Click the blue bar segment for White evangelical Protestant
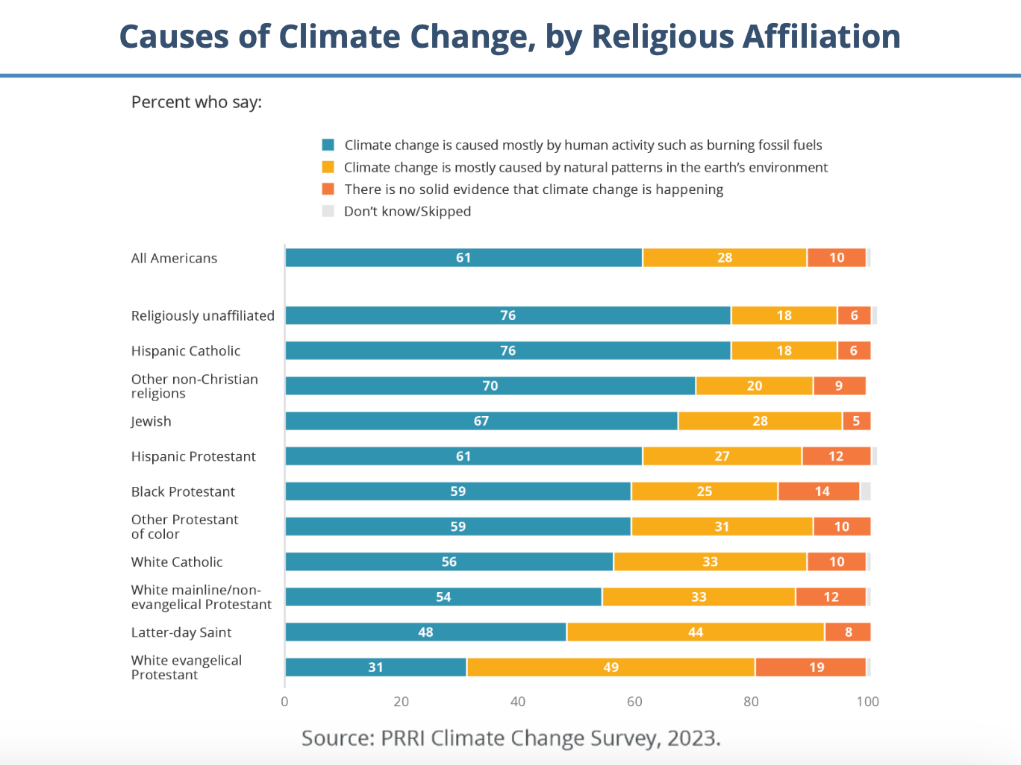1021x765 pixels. tap(375, 667)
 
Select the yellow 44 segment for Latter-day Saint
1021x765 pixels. tap(695, 632)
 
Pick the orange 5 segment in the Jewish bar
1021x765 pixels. tap(856, 421)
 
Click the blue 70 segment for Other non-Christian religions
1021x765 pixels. tap(490, 385)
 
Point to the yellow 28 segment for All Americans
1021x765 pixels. tap(724, 258)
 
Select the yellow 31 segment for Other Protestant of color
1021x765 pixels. tap(722, 526)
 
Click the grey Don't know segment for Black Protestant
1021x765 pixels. tap(866, 491)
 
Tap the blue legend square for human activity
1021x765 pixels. tap(328, 145)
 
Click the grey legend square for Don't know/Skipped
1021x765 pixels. tap(328, 211)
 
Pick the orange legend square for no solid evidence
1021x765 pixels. tap(328, 189)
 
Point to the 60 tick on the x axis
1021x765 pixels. tap(634, 702)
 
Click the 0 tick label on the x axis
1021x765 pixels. tap(284, 702)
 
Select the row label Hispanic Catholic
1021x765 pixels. tap(186, 351)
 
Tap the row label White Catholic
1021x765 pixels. tap(177, 562)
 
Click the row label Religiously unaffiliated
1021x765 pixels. tap(203, 316)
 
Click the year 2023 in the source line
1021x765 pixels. tap(693, 738)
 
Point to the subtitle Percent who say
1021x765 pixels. tap(196, 102)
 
